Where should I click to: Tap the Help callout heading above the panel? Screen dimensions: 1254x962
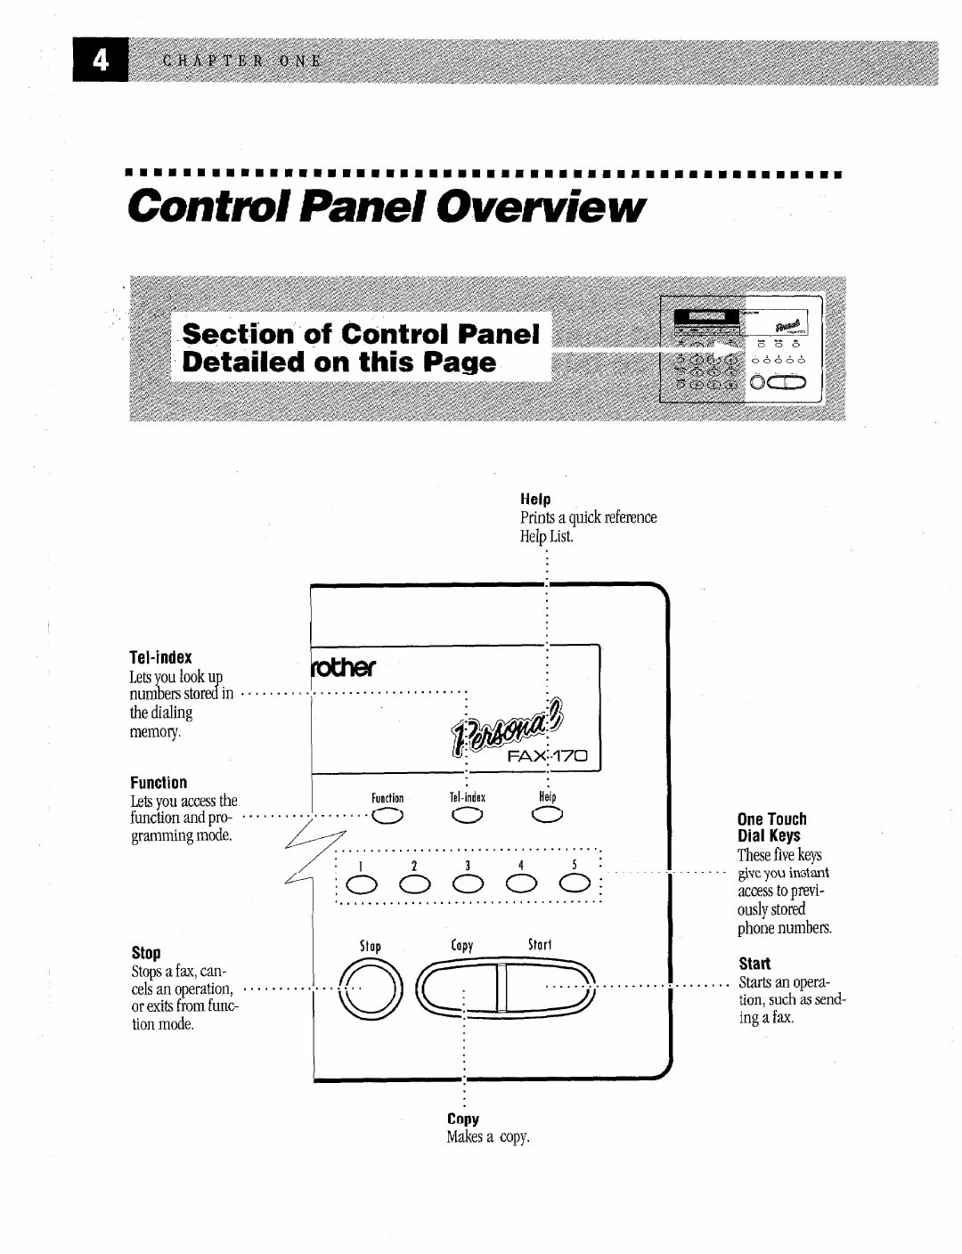pyautogui.click(x=535, y=500)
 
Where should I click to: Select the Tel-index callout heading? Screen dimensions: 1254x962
pyautogui.click(x=160, y=657)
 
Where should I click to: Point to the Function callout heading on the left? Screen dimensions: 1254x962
pyautogui.click(x=159, y=783)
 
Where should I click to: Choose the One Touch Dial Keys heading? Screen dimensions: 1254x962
pyautogui.click(x=771, y=827)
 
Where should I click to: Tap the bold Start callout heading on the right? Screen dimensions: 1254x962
pyautogui.click(x=754, y=964)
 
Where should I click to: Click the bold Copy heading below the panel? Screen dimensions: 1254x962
pyautogui.click(x=463, y=1120)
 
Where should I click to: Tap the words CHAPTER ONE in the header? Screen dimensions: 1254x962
pyautogui.click(x=241, y=61)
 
